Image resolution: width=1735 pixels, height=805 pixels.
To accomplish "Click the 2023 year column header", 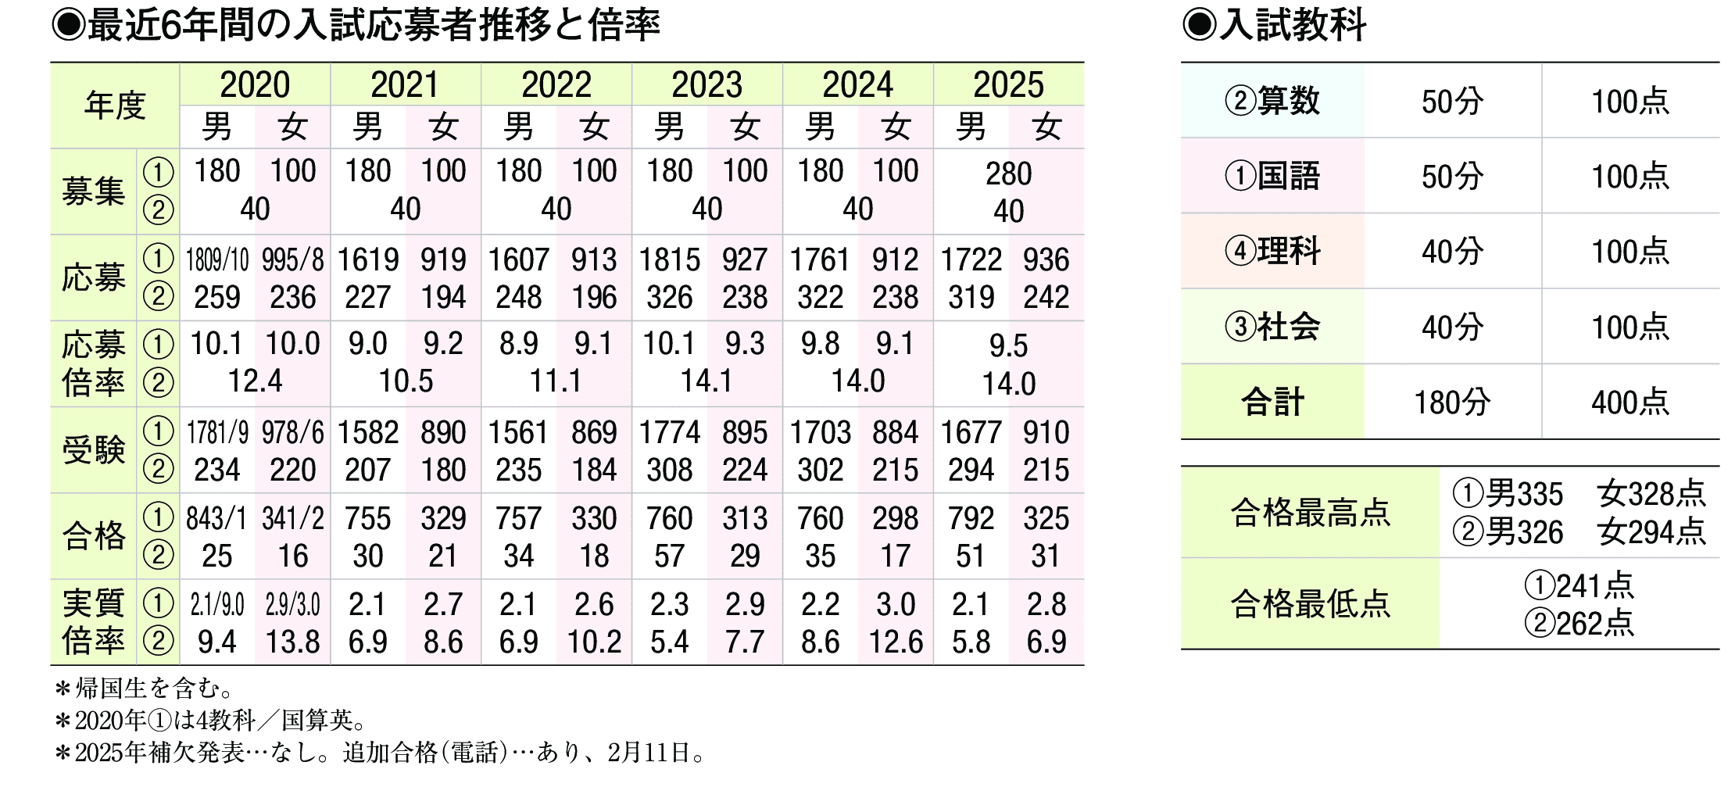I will pos(707,84).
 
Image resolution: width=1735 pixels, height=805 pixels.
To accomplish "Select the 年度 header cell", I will pos(115,106).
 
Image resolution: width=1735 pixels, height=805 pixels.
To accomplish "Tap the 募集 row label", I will pos(93,191).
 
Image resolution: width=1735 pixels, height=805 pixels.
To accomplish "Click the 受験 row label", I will pos(93,450).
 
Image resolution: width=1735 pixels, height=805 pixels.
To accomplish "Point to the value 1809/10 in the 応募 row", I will pos(217,260).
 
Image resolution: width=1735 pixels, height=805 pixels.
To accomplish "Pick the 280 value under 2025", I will pos(1008,174).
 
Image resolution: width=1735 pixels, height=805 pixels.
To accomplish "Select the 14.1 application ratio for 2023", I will pos(707,381).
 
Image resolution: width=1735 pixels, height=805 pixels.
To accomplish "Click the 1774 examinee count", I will pos(670,433).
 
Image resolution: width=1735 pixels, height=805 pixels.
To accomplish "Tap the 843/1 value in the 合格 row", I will pos(216,519).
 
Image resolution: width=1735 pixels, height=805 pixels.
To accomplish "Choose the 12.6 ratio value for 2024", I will pos(896,642).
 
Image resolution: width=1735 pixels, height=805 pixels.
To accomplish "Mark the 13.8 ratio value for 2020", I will pos(292,642).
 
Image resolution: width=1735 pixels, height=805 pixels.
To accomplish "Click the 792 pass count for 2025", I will pos(971,519).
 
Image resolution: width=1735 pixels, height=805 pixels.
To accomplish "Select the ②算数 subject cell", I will pos(1272,102).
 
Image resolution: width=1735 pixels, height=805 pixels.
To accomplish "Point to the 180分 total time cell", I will pos(1452,402).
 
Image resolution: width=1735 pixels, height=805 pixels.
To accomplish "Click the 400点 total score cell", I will pos(1630,402).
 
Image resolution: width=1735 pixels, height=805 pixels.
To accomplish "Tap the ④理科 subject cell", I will pos(1272,252).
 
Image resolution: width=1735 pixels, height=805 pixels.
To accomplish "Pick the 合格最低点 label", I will pos(1310,604).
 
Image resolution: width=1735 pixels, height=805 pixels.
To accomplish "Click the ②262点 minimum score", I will pos(1579,624).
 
